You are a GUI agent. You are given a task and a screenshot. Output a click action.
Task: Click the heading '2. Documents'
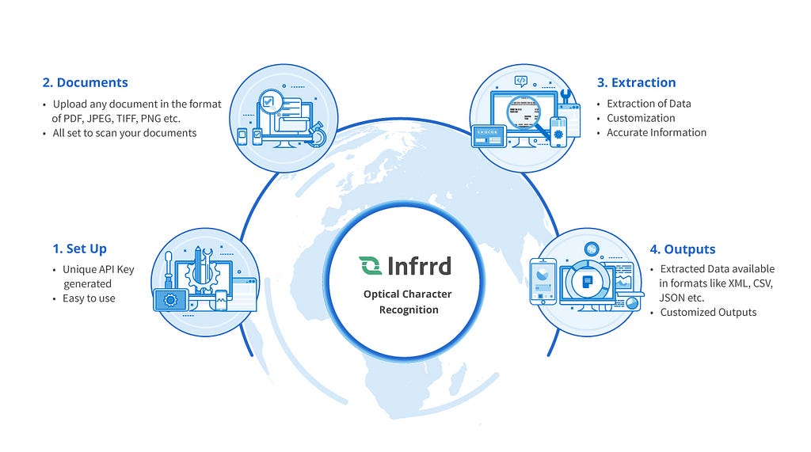coord(85,82)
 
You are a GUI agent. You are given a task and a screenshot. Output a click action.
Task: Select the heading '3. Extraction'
coord(636,82)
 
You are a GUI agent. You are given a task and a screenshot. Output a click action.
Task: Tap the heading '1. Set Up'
coord(79,249)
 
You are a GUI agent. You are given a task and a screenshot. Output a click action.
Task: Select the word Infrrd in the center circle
coord(419,265)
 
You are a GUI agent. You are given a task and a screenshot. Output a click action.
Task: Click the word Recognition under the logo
coord(408,310)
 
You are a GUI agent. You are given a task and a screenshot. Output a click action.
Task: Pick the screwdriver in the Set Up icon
coord(168,268)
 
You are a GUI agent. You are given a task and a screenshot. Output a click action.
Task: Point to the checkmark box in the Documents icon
coord(270,101)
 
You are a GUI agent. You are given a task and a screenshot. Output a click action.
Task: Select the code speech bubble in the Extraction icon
coord(520,80)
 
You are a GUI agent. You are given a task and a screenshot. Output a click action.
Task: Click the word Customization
coord(641,118)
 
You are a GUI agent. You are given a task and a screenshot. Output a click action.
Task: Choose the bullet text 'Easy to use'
coord(89,298)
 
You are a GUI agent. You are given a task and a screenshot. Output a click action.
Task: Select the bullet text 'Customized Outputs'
coord(708,312)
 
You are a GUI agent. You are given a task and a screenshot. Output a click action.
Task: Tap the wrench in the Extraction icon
coord(565,97)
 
